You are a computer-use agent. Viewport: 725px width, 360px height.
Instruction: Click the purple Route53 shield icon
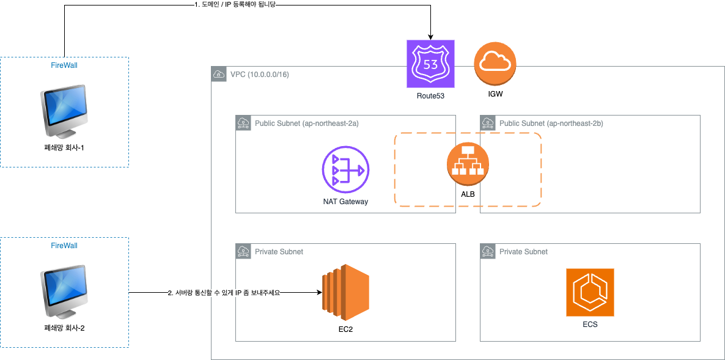point(430,64)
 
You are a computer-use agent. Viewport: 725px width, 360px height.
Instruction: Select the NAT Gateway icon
point(345,169)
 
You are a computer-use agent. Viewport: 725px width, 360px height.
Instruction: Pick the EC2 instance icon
point(346,293)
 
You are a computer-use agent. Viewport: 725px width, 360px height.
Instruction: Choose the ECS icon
point(590,292)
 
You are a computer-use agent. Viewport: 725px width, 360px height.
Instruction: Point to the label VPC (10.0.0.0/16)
point(259,75)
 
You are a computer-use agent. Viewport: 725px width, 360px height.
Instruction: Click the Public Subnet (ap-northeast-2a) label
point(306,123)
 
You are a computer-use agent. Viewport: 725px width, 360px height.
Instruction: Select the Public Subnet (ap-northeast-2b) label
point(551,123)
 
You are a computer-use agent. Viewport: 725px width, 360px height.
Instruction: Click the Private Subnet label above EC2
point(279,251)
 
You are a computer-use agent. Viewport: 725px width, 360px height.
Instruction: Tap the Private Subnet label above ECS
point(523,251)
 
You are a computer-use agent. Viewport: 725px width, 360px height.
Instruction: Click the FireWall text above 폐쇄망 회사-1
point(64,64)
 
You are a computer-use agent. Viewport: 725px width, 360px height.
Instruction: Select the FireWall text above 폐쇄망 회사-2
point(64,245)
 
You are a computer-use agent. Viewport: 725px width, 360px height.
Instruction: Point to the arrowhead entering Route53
point(431,36)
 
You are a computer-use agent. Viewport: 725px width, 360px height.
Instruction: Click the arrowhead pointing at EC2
point(318,293)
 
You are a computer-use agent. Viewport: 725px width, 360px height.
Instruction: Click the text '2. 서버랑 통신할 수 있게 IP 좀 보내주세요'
point(224,293)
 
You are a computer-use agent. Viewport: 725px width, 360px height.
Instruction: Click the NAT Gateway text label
point(345,201)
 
